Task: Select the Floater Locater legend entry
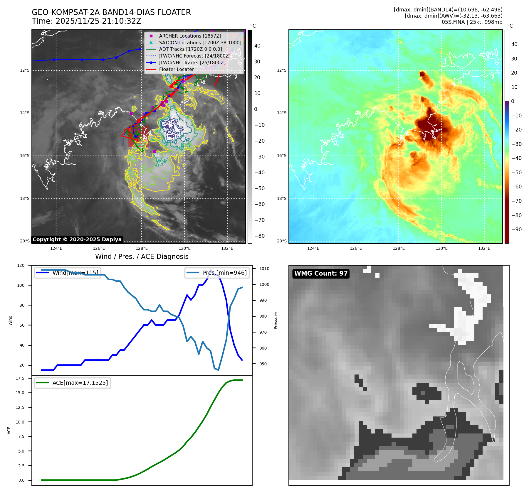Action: [x=176, y=70]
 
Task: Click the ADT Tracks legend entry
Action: [x=190, y=49]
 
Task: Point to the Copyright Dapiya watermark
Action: [x=77, y=239]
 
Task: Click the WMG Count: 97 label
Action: [x=321, y=274]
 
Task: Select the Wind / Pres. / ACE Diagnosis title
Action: [x=142, y=257]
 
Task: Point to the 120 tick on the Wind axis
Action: [x=21, y=265]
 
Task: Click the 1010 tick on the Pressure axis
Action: [x=264, y=269]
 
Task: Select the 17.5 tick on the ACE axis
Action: [x=20, y=378]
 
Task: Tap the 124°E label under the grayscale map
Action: [x=56, y=248]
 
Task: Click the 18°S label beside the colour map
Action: [x=282, y=199]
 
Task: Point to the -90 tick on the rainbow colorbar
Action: [x=516, y=230]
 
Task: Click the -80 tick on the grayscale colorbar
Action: [x=259, y=236]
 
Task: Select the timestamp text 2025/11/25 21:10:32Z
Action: [x=98, y=21]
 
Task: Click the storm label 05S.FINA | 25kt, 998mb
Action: [x=472, y=22]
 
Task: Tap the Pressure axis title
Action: [x=276, y=320]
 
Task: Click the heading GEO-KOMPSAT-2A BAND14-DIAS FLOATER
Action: [x=111, y=12]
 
